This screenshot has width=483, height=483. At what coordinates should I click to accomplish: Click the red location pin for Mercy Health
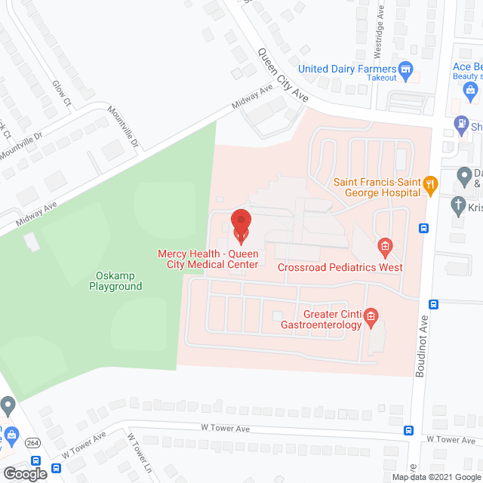(x=240, y=223)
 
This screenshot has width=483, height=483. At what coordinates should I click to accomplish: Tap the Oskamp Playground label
(x=115, y=281)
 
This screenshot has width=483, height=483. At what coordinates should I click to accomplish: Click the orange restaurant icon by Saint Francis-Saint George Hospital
(x=430, y=183)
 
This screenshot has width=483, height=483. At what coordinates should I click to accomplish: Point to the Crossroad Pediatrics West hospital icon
(x=385, y=246)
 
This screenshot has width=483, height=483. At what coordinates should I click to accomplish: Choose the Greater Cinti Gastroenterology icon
(x=371, y=315)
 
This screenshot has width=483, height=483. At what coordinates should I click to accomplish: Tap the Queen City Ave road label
(x=283, y=75)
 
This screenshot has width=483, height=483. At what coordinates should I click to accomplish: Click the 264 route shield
(x=34, y=443)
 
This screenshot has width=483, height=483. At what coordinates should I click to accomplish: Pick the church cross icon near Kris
(x=458, y=205)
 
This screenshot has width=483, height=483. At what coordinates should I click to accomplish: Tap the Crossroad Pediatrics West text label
(x=340, y=267)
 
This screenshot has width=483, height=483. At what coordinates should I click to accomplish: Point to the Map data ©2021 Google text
(x=435, y=476)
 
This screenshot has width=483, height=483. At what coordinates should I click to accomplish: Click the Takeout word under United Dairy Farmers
(x=383, y=78)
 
